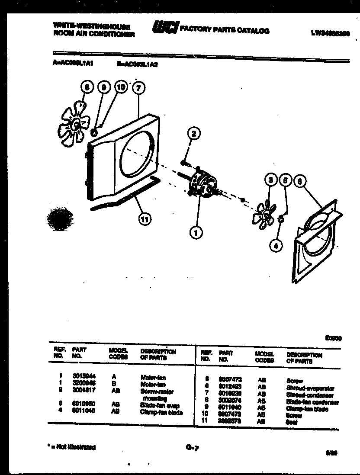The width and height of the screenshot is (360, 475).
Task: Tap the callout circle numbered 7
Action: tap(138, 88)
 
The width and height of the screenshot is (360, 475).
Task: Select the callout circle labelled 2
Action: tap(194, 134)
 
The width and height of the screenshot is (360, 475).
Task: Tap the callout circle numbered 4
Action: tap(275, 246)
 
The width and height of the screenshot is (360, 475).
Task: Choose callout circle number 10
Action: tap(121, 87)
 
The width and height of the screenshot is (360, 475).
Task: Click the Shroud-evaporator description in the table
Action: tap(310, 388)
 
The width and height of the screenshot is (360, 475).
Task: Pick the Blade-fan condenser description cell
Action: tap(312, 402)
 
